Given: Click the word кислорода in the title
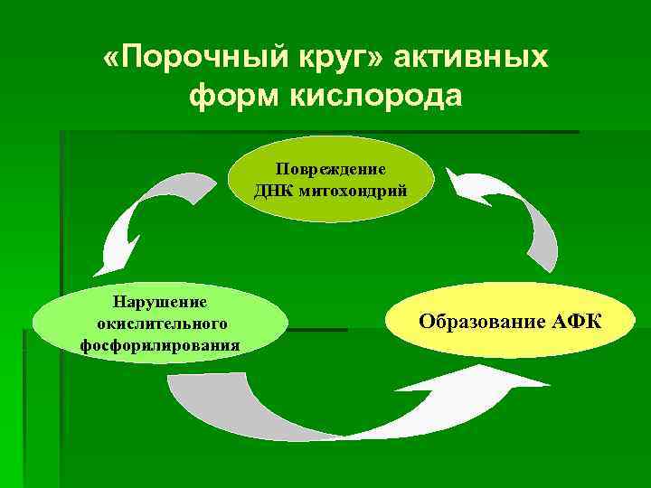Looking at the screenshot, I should point(377,96).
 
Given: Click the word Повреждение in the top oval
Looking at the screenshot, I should point(331,171).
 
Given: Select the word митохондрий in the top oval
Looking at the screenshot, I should point(354,190).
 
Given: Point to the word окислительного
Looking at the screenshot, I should point(160,323).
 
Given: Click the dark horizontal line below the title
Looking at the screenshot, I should point(316,133).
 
